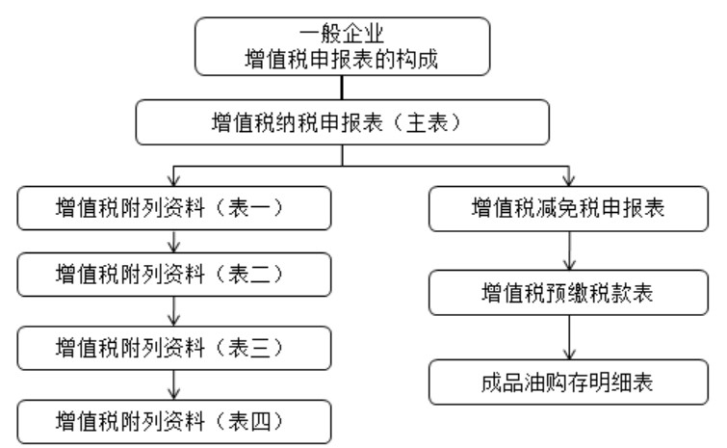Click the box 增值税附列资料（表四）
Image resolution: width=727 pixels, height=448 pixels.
[x=174, y=419]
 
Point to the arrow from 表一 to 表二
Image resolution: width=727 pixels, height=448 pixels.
[x=173, y=241]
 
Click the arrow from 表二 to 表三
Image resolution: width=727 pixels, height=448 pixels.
[x=173, y=309]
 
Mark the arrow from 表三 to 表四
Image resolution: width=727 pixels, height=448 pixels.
[x=173, y=382]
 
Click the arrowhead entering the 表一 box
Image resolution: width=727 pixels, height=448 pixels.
[x=173, y=181]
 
